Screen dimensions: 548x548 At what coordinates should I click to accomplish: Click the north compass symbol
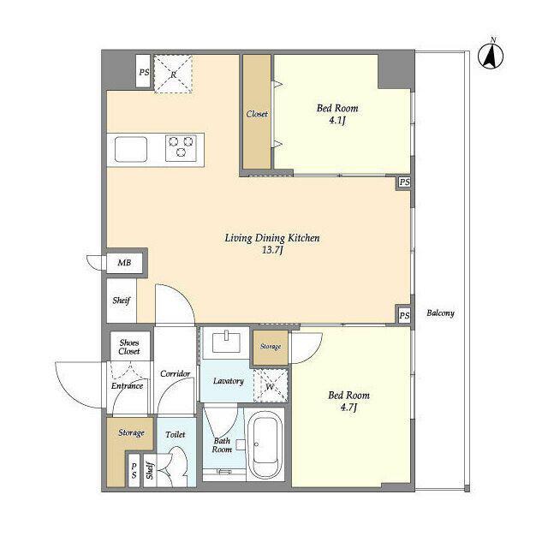(x=491, y=56)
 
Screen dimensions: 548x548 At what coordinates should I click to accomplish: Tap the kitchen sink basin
(x=131, y=149)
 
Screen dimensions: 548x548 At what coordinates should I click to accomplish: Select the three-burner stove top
(x=181, y=148)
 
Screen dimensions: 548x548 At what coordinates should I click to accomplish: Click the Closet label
(x=257, y=114)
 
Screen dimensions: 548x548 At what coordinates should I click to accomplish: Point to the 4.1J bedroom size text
(x=337, y=121)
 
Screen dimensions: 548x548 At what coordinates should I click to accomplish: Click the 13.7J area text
(x=272, y=250)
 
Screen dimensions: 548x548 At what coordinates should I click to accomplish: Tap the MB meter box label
(x=124, y=262)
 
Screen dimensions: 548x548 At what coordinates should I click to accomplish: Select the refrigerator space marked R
(x=173, y=74)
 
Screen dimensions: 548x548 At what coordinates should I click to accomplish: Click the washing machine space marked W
(x=271, y=385)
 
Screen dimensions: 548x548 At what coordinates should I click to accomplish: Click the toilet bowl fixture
(x=177, y=467)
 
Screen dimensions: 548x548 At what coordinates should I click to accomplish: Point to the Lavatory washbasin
(x=226, y=342)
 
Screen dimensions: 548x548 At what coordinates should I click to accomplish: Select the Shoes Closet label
(x=129, y=347)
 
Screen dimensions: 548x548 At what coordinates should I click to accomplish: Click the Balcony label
(x=440, y=313)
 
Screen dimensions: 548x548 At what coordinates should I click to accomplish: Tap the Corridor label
(x=175, y=373)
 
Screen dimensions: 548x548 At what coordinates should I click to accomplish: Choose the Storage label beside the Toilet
(x=131, y=432)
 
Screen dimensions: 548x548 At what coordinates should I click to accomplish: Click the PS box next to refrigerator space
(x=143, y=71)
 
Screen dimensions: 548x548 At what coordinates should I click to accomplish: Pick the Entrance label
(x=128, y=386)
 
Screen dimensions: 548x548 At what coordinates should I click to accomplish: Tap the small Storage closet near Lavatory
(x=271, y=348)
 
